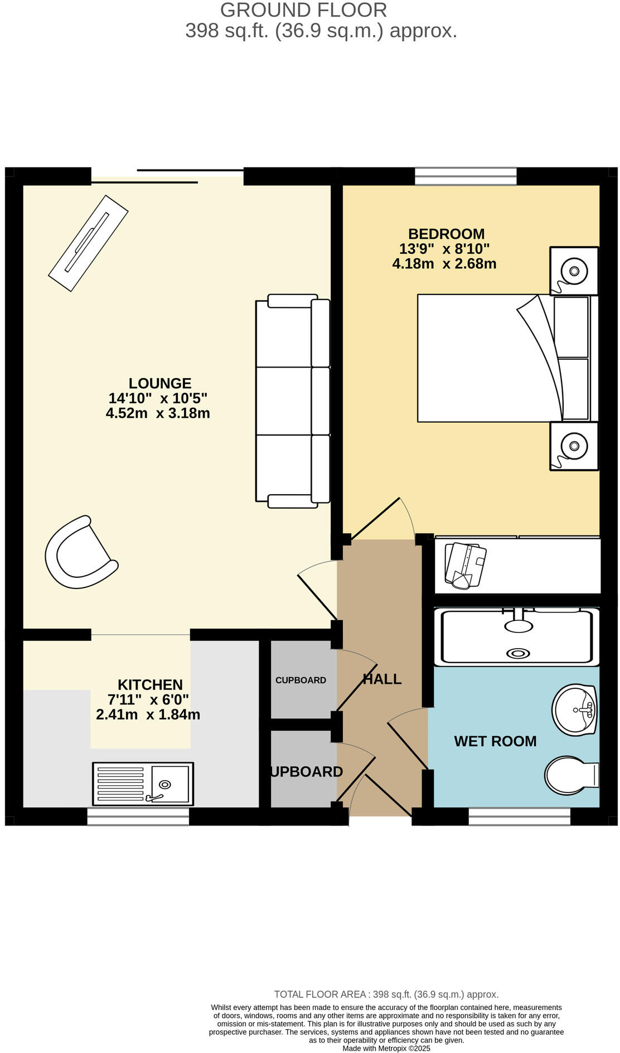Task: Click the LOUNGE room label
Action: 160,383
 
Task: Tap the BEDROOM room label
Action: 446,234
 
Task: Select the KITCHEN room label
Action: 150,684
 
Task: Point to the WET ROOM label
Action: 495,741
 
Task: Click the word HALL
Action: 382,679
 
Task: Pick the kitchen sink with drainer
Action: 143,784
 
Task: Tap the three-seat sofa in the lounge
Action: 292,401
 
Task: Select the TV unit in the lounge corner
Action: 88,243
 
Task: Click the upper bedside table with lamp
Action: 574,271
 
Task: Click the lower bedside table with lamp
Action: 574,446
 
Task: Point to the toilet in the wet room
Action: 569,775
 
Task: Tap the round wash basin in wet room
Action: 574,709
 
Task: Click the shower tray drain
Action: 519,653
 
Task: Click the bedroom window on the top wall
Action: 466,176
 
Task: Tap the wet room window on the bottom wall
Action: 519,817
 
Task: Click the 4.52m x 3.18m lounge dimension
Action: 158,413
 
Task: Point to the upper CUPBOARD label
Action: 301,680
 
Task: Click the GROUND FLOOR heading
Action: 303,10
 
